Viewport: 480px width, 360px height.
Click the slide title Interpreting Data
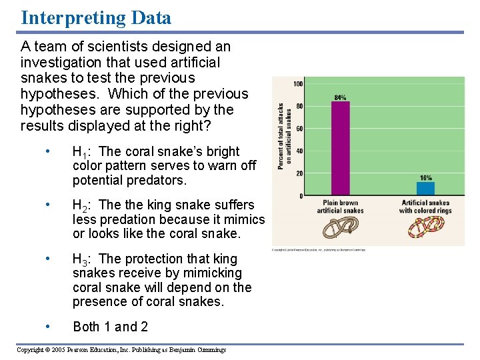coord(96,17)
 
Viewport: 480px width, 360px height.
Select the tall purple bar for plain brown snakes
coord(340,148)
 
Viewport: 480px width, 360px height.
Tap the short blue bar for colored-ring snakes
coord(425,189)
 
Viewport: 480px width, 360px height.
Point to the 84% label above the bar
coord(340,97)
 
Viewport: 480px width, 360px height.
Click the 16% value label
coord(425,178)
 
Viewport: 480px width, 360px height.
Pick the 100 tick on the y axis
coord(298,84)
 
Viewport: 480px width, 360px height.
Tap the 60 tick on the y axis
coord(299,129)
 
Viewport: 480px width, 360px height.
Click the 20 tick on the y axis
coord(299,173)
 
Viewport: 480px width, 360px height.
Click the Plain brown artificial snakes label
coord(340,207)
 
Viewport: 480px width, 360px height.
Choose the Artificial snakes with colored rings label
coord(425,207)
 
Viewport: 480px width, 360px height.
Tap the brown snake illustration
coord(340,228)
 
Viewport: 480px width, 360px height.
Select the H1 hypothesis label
coord(83,152)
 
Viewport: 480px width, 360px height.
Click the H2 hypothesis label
coord(83,205)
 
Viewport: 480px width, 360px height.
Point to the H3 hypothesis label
coord(83,259)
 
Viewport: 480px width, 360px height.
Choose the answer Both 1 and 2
coord(110,327)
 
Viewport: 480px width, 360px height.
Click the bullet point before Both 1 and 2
coord(47,326)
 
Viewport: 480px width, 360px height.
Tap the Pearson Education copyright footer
coord(121,350)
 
